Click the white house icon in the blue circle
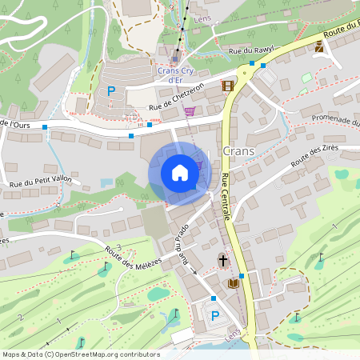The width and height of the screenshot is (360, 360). pos(179,173)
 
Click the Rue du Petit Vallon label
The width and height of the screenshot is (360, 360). pos(40,182)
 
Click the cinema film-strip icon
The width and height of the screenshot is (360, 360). pos(229,86)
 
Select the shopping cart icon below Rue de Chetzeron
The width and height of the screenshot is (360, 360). pos(190,111)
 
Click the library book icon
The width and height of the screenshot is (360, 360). pos(234,283)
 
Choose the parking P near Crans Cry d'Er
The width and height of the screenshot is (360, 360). pos(111,92)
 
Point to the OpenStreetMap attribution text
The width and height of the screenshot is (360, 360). pos(80,354)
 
